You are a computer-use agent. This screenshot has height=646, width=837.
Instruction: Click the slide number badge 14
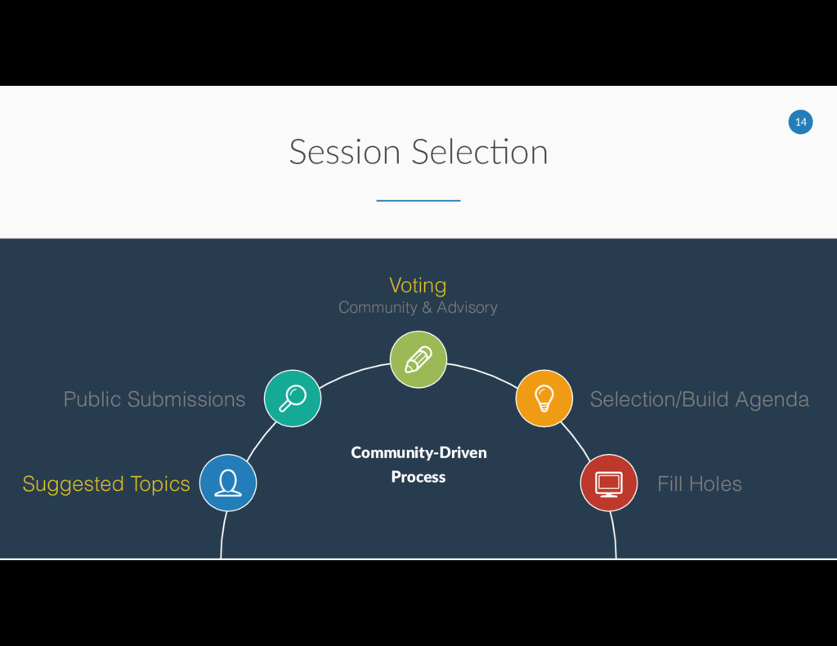[x=800, y=123]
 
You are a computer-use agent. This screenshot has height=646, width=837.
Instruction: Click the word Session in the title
[x=344, y=152]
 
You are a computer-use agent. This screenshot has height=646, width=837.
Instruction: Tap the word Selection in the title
[x=480, y=152]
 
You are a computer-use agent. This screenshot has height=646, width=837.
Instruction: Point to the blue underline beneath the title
[x=418, y=200]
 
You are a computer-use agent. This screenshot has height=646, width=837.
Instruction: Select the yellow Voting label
[x=418, y=285]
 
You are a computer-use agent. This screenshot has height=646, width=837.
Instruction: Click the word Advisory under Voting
[x=467, y=308]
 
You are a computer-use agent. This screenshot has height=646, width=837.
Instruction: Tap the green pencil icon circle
[x=418, y=359]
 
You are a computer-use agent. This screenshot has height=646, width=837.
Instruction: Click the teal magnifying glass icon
[x=293, y=398]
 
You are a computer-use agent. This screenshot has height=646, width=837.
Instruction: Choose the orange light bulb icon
[x=544, y=398]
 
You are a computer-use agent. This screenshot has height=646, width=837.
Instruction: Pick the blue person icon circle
[x=228, y=483]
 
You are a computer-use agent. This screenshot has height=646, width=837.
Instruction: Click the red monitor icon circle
[x=608, y=483]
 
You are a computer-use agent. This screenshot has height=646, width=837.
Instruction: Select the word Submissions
[x=186, y=399]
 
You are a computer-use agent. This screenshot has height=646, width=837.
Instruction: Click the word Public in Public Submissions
[x=92, y=399]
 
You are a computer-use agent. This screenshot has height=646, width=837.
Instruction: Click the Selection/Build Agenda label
[x=699, y=399]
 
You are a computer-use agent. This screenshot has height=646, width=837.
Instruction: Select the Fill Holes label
[x=699, y=484]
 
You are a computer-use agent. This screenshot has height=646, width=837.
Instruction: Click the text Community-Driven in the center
[x=418, y=452]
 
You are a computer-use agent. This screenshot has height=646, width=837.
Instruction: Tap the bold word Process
[x=418, y=477]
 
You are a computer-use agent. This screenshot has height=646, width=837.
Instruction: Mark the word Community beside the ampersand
[x=378, y=308]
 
